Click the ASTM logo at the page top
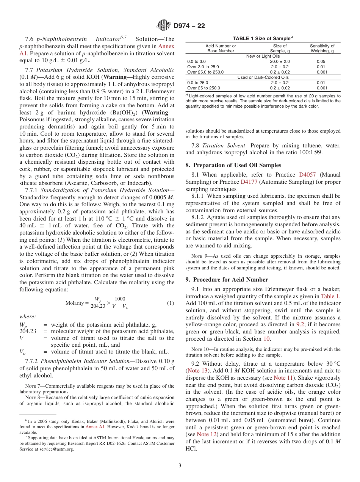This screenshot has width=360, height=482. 164,26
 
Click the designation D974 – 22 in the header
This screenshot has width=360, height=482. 189,26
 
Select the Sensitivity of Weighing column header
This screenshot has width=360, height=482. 322,49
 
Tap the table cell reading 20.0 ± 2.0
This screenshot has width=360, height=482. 280,61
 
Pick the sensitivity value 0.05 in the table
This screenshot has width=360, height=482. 321,61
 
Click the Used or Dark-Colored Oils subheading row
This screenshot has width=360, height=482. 263,77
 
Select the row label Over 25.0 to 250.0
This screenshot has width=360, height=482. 205,72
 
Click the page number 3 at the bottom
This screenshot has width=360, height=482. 180,466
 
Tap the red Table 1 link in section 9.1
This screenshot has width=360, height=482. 330,296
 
